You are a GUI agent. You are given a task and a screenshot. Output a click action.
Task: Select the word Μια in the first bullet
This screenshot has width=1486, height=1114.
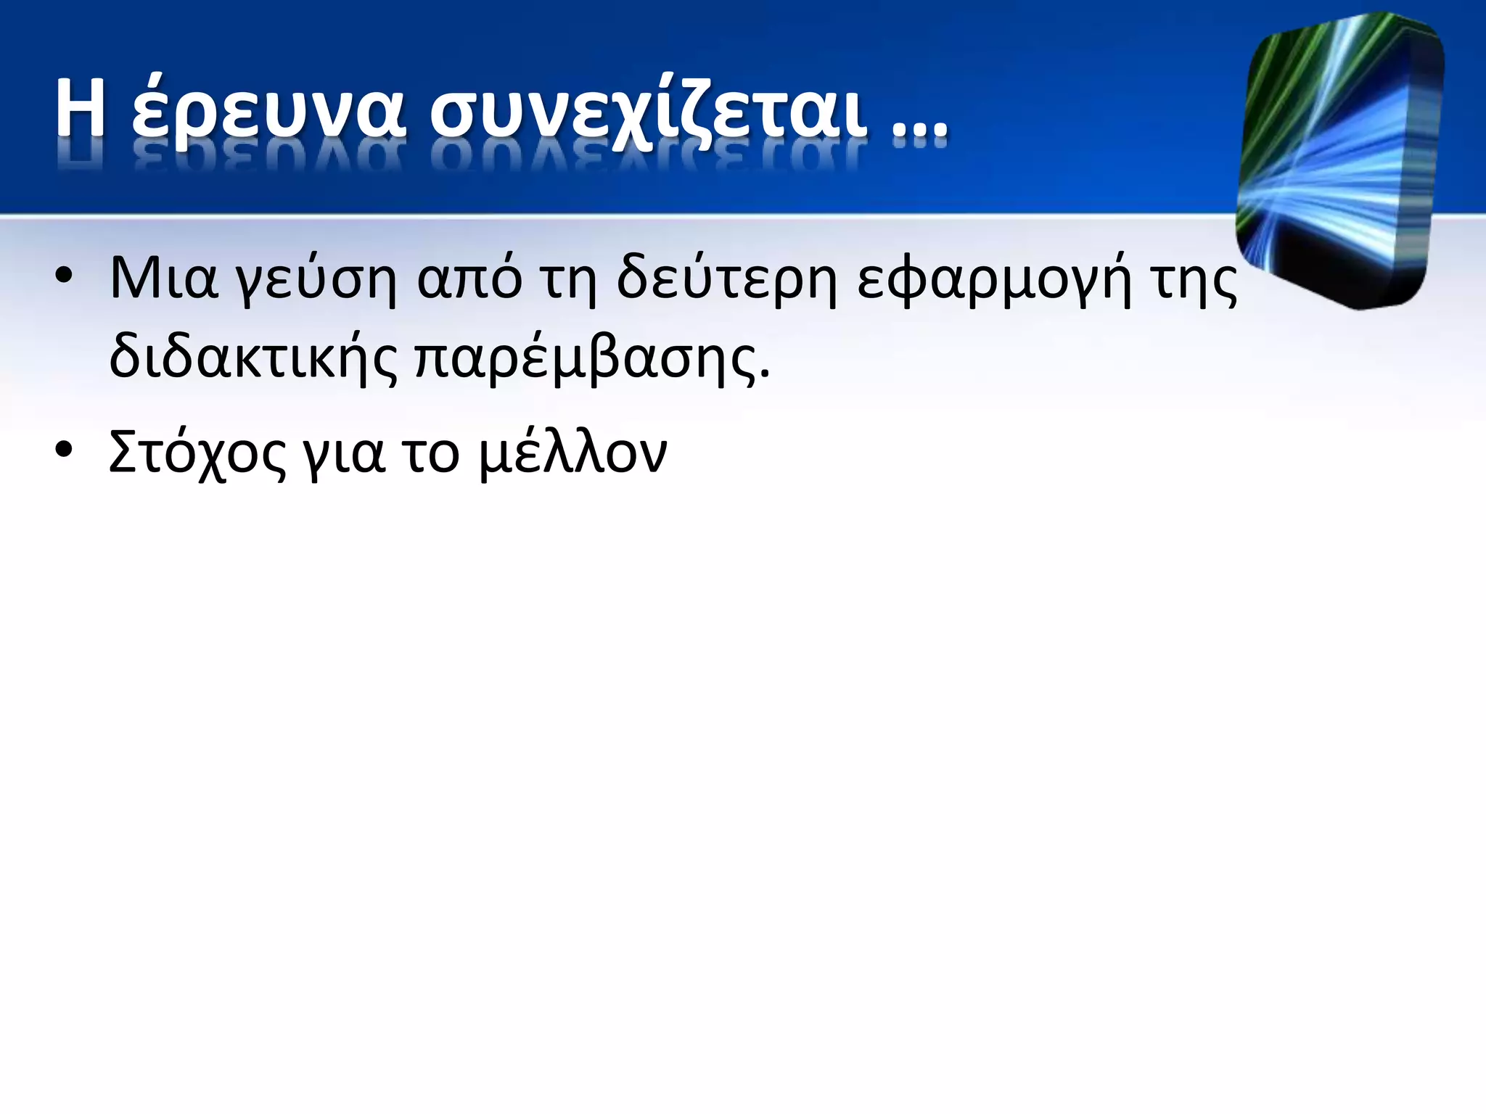coord(163,279)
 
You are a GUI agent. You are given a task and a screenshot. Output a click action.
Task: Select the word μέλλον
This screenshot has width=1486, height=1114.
coord(573,453)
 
